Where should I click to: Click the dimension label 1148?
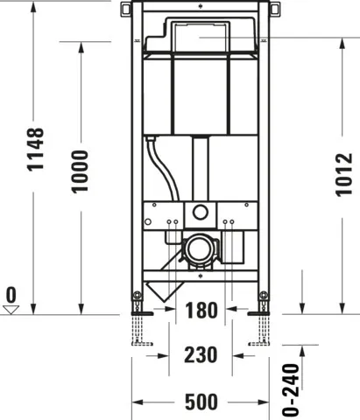(x=36, y=161)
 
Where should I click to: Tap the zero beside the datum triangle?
(x=11, y=293)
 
